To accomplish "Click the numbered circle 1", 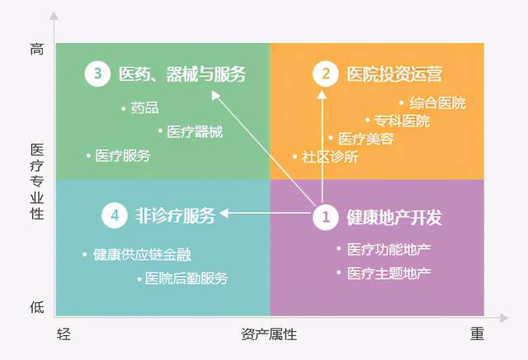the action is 326,216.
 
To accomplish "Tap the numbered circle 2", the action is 326,73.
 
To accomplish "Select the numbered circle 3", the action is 97,73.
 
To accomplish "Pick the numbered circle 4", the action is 115,215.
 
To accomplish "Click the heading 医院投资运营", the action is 394,73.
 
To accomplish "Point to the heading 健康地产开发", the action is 394,217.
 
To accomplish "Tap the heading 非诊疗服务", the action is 175,216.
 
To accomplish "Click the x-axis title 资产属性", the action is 269,334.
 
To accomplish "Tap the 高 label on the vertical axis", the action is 37,50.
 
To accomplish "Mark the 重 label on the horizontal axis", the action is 477,334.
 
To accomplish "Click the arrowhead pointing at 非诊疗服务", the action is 224,213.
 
